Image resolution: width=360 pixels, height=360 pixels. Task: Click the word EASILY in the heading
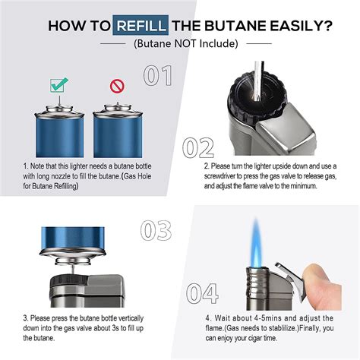299,25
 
